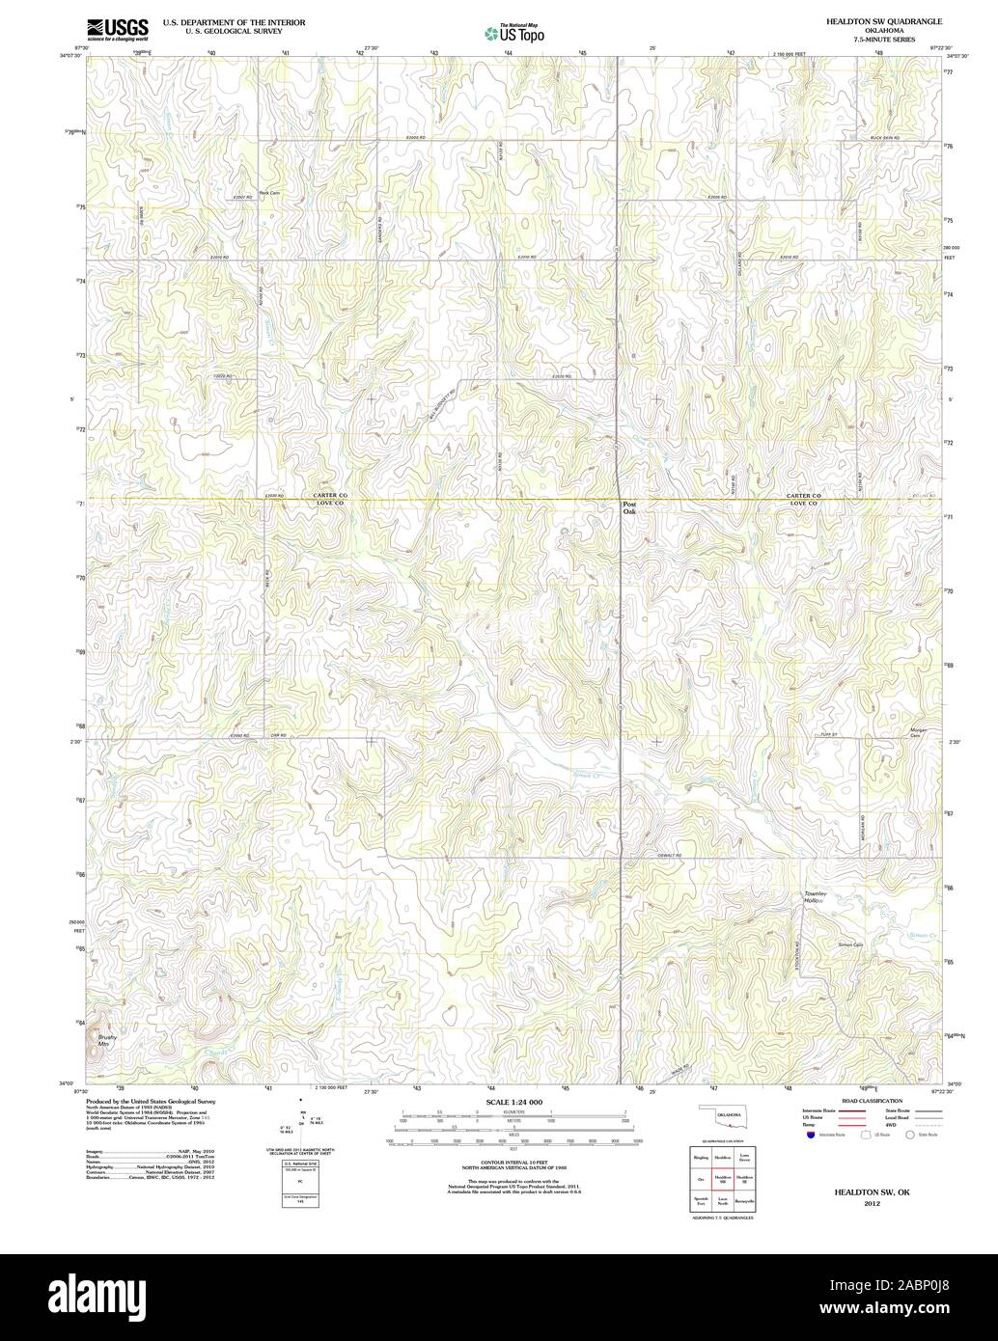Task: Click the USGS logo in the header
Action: pos(117,28)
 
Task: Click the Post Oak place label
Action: pos(629,507)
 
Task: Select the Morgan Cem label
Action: pos(918,732)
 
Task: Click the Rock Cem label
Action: pos(268,193)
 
